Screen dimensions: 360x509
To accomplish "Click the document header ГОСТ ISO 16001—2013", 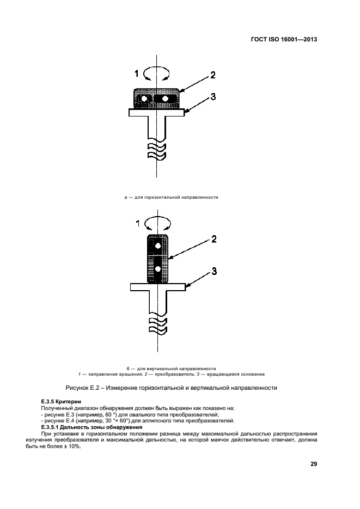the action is click(284, 40).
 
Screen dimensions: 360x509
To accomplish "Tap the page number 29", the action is click(314, 464).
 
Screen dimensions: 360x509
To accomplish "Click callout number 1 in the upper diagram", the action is click(136, 73).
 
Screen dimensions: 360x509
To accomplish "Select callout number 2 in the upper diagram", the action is click(213, 75).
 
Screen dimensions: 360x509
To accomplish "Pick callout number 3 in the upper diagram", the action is click(213, 96).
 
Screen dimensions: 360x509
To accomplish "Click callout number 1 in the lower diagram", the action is click(138, 223).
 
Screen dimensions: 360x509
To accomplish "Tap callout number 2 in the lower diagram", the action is click(214, 239).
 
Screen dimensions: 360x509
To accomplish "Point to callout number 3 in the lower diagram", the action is click(214, 271).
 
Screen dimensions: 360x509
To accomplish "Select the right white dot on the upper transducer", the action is click(166, 99).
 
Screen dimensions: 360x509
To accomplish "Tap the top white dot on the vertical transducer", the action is click(158, 246).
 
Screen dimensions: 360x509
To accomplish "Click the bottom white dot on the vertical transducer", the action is click(158, 269).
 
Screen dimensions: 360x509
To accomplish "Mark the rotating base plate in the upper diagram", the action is click(157, 112).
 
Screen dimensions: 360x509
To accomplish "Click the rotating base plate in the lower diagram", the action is click(158, 287).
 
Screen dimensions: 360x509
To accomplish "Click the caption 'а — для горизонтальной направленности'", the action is click(171, 197).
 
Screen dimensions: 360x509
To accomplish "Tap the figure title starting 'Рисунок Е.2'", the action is click(172, 388).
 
